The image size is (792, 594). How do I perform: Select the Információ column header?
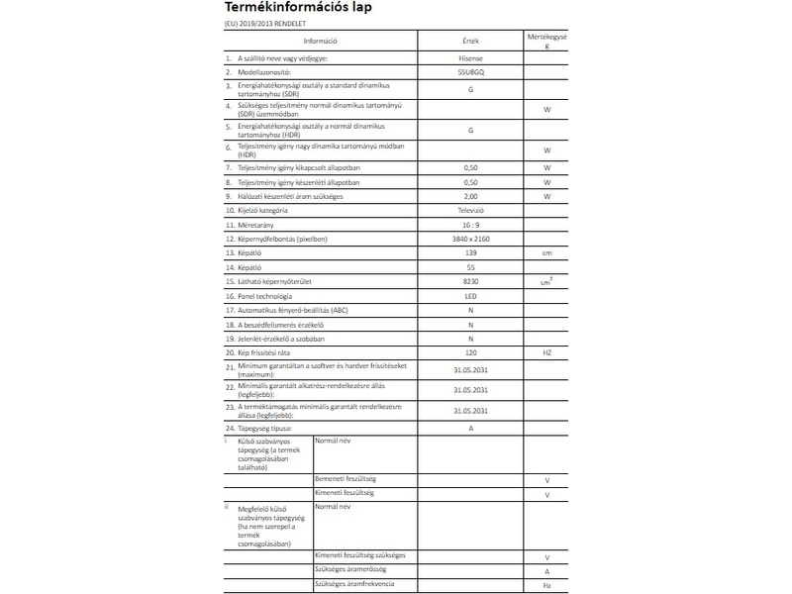321,41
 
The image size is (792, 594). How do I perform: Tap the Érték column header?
470,41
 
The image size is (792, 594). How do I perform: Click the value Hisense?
470,59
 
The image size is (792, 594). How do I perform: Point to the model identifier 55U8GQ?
470,72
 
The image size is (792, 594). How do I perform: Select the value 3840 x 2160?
470,240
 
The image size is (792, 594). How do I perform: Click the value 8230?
470,282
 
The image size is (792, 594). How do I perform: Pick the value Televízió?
470,211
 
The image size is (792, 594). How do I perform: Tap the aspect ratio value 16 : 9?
470,226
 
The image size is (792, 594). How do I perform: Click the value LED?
470,296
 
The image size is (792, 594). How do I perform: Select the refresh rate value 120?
470,353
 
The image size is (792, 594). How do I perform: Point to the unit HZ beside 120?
545,353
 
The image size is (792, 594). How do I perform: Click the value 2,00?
470,197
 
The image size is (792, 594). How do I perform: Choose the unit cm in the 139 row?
545,253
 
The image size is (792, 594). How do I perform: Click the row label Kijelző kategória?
262,211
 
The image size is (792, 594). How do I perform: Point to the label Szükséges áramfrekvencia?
353,583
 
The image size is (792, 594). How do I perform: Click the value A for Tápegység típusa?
470,428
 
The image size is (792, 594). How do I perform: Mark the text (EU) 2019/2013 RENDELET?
266,24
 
